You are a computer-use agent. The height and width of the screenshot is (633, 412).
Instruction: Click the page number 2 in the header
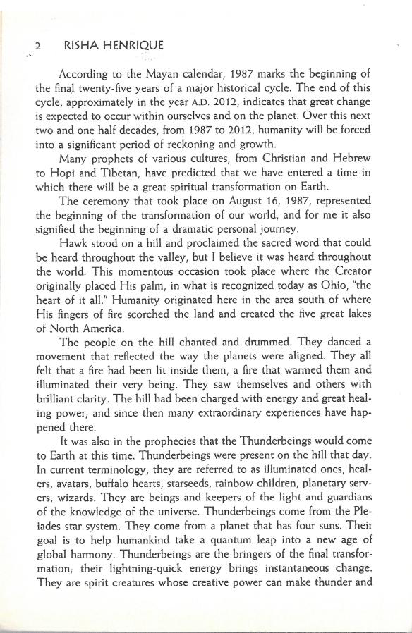point(37,46)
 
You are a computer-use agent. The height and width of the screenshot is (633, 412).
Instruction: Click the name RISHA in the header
point(80,46)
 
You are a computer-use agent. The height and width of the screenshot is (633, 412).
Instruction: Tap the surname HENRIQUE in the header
point(135,46)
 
